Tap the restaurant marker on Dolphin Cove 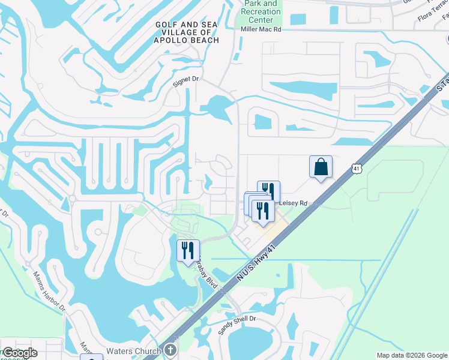188,250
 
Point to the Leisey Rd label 294,204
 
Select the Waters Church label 134,351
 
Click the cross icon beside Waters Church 170,350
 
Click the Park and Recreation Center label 261,11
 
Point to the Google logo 20,352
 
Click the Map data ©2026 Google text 412,355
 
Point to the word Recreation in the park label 260,11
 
